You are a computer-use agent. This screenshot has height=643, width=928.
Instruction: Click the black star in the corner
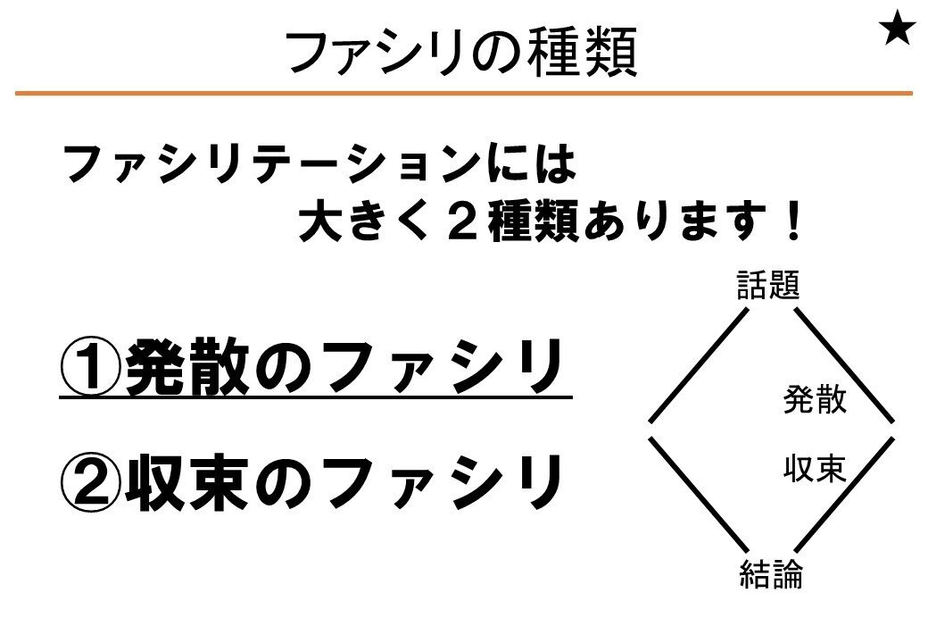pos(897,30)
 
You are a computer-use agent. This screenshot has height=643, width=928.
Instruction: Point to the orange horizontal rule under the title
pos(464,93)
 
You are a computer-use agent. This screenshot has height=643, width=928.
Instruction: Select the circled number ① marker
pos(90,368)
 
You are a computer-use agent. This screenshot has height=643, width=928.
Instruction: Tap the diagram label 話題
pos(768,287)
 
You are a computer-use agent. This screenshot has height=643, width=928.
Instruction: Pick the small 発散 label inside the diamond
pos(815,399)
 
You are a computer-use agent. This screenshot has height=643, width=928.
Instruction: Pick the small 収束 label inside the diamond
pos(815,468)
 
